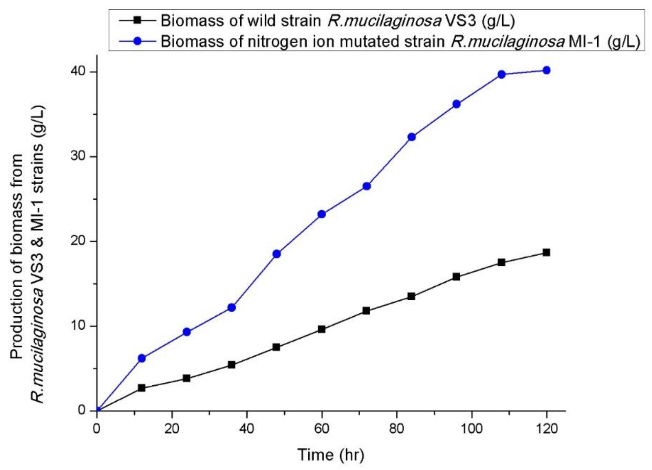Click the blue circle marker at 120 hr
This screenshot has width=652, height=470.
click(546, 70)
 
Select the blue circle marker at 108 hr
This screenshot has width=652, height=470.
click(501, 75)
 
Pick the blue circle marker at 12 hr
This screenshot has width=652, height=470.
click(142, 358)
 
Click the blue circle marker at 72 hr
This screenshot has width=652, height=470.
click(367, 186)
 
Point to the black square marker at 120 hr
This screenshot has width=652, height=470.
click(546, 252)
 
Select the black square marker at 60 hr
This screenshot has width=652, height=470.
click(321, 329)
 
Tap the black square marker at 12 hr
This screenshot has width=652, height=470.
click(142, 388)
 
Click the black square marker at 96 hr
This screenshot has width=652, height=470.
click(456, 277)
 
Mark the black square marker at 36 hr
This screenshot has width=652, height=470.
click(232, 365)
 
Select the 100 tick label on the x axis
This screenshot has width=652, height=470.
click(472, 429)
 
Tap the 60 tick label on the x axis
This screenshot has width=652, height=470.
click(321, 429)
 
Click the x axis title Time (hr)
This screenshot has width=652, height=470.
click(331, 455)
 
